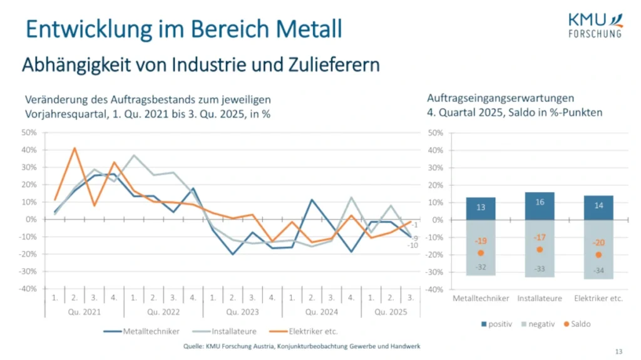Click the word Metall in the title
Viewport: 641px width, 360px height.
[310, 29]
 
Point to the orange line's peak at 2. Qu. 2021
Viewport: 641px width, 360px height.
[74, 148]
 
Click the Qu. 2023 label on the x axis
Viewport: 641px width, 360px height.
[243, 311]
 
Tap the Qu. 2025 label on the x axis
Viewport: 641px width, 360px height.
[391, 311]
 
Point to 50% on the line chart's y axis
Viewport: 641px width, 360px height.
[29, 133]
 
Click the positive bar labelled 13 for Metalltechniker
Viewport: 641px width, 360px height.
[481, 208]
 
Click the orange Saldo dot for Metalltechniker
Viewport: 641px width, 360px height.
[481, 253]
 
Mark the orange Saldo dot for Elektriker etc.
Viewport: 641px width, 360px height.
[598, 255]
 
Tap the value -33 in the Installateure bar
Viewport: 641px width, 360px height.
[540, 269]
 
